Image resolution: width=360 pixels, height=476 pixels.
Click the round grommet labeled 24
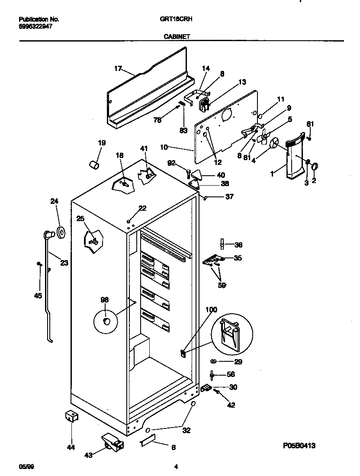pos(61,233)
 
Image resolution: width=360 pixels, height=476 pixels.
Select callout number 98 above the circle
pos(104,299)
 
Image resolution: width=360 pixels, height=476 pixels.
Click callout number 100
pos(211,309)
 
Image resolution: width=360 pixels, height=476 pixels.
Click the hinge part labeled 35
pos(213,260)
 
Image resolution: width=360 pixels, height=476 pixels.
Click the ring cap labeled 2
pos(315,165)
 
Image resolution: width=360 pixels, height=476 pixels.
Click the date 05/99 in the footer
pos(26,466)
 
